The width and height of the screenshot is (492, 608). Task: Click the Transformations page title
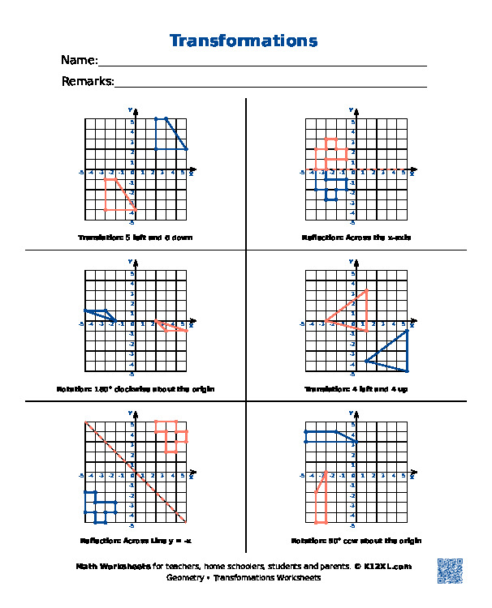244,41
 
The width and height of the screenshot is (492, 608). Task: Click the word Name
79,61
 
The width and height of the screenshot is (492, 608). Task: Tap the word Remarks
87,81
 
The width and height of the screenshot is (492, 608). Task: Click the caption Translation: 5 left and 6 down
135,238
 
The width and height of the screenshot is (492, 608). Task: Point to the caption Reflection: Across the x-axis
356,238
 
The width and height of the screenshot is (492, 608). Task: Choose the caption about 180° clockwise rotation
135,389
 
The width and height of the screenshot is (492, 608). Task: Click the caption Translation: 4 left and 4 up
356,389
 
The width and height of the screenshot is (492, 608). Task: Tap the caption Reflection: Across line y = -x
135,541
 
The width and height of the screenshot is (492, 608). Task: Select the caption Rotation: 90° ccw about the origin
356,541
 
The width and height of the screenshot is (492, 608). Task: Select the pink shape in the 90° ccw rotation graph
322,499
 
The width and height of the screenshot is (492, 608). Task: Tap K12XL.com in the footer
388,567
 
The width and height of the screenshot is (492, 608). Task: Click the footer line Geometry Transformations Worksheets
244,578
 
